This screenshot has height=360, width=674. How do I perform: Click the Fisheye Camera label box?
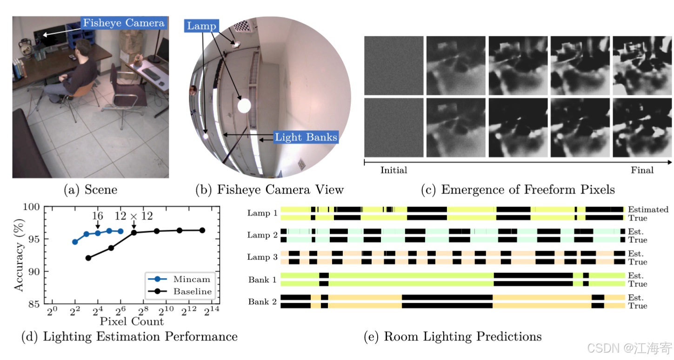[x=123, y=23]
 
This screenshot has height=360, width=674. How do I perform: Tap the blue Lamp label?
[x=201, y=26]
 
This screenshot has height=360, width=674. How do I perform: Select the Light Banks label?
[x=306, y=137]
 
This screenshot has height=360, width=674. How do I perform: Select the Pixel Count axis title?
[x=132, y=321]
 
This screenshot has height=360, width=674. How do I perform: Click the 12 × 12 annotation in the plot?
[x=133, y=216]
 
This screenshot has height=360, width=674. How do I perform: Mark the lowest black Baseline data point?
[x=88, y=258]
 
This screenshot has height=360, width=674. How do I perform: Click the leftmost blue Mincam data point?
[x=75, y=242]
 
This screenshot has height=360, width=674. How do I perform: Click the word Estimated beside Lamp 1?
[x=648, y=209]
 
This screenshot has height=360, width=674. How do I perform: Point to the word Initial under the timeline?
[x=394, y=170]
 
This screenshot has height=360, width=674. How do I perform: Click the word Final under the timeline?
[x=642, y=170]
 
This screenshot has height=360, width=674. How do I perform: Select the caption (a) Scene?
[x=90, y=190]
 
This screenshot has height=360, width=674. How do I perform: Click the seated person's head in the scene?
[x=82, y=47]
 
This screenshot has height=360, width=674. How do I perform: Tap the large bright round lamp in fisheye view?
[x=244, y=106]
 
